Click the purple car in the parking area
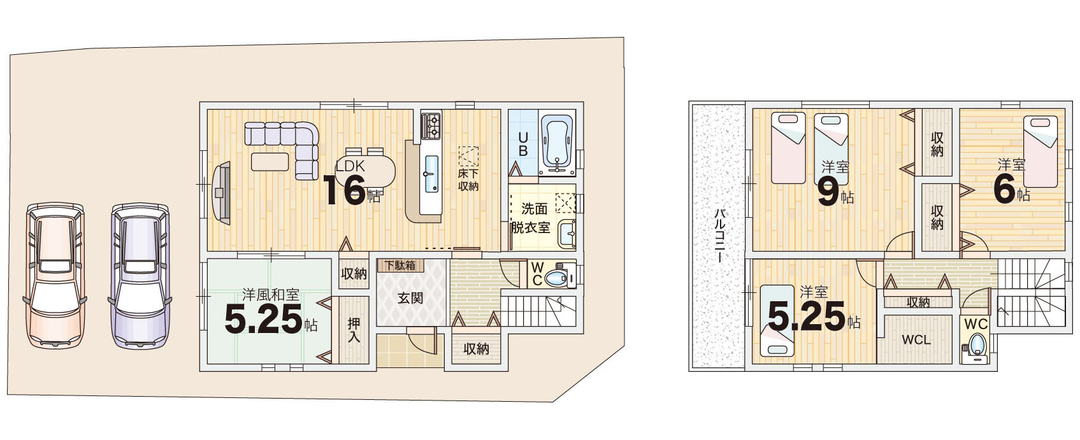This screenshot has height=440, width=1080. [140, 275]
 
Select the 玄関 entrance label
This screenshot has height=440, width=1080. [410, 298]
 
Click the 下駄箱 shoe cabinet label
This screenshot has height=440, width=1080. [400, 266]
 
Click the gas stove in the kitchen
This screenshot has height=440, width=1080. [431, 126]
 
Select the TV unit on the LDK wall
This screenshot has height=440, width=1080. [222, 193]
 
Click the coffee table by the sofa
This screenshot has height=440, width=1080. [271, 161]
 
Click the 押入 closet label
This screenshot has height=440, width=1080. [354, 330]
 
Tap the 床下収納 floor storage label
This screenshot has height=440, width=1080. [468, 180]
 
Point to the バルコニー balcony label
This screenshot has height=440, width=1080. [721, 236]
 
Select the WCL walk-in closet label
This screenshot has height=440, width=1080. [916, 340]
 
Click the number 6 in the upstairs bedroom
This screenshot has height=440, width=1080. [1005, 189]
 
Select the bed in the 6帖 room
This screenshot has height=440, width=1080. [1040, 151]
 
